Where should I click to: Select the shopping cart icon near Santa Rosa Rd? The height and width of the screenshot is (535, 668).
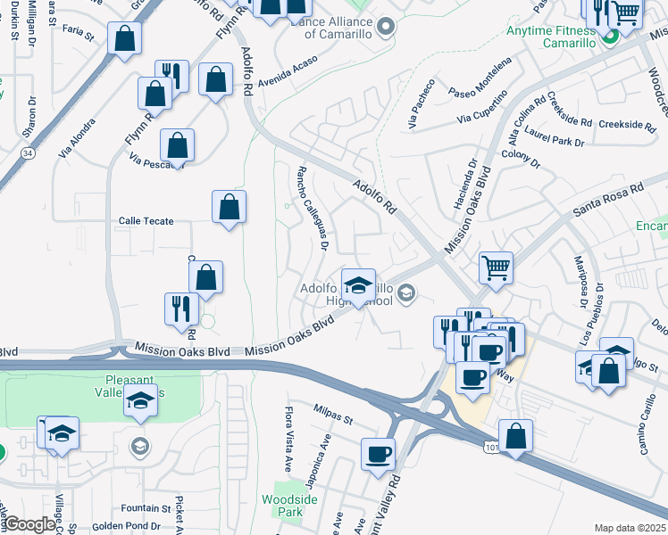[496, 266]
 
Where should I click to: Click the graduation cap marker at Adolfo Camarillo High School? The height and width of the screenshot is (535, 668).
[358, 285]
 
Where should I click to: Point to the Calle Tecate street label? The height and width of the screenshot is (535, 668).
[146, 221]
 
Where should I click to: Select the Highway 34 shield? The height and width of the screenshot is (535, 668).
[29, 153]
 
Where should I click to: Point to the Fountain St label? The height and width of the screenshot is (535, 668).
[146, 508]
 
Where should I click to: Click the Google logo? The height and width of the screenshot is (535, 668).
[29, 525]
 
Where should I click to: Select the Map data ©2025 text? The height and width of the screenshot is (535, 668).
[630, 528]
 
